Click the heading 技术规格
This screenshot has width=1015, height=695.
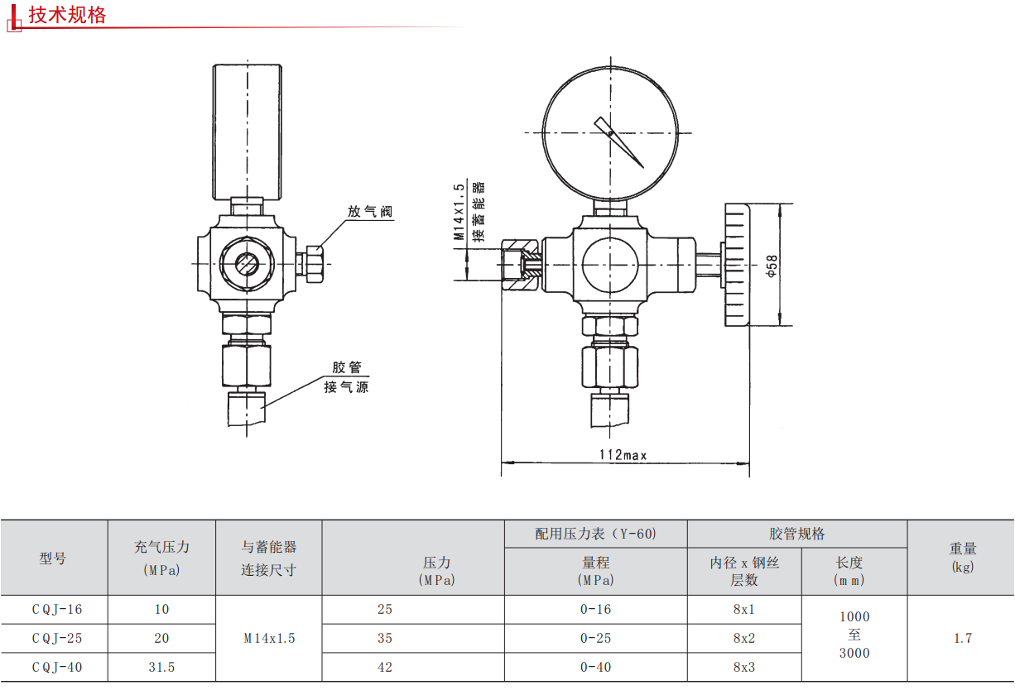tap(67, 15)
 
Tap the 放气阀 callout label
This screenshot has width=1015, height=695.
tap(370, 212)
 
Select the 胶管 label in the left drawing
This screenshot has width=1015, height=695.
tap(347, 367)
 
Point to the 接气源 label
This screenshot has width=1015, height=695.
tap(346, 387)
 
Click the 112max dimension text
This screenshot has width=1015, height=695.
tap(623, 454)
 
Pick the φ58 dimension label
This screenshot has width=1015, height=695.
tap(772, 266)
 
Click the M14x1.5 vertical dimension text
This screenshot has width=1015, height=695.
tap(459, 212)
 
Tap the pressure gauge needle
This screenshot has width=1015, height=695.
tap(619, 142)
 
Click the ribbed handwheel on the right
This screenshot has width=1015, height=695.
tap(737, 265)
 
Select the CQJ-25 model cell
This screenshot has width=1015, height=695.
tap(57, 638)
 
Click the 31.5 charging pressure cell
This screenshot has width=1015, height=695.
tap(161, 667)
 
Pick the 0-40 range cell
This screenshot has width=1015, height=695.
tap(596, 667)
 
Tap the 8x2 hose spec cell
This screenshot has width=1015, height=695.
tap(744, 638)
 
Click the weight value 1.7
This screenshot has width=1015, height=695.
tap(963, 638)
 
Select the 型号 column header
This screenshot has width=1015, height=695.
tap(52, 558)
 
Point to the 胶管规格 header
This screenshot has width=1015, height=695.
tap(797, 534)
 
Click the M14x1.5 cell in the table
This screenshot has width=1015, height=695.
tap(269, 638)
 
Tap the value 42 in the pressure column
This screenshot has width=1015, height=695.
tap(385, 667)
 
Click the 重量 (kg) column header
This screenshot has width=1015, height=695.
tap(963, 558)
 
